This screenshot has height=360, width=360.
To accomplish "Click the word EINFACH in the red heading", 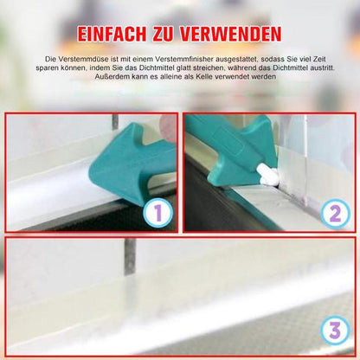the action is coord(112,35).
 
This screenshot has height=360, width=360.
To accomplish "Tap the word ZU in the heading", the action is coord(164,35).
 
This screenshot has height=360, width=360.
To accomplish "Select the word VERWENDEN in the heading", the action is coord(231,35).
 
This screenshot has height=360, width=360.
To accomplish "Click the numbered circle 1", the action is coord(157,213).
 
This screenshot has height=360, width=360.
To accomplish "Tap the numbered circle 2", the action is coord(335,214).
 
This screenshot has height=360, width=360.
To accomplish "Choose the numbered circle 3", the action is coord(335,331).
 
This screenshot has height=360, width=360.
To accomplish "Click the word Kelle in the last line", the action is coord(204,77).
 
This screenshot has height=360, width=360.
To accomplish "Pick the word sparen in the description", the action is coord(46,68).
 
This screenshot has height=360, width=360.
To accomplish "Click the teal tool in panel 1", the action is coord(133,164).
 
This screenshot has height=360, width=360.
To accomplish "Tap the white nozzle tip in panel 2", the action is coord(268,175).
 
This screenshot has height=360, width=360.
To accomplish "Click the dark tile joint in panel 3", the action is coord(130,256).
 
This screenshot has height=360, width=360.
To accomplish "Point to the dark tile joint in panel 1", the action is coord(115,122).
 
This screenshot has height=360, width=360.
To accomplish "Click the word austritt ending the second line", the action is coord(322,68).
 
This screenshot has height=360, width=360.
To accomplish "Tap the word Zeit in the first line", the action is coord(318,59).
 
